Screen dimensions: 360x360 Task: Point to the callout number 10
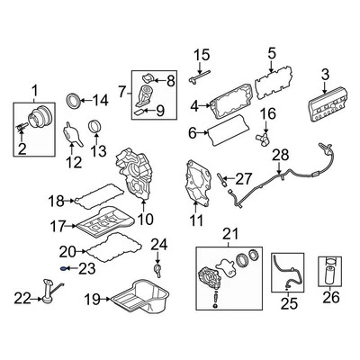tap(146, 218)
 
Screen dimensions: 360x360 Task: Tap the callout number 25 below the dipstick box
tap(288, 304)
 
